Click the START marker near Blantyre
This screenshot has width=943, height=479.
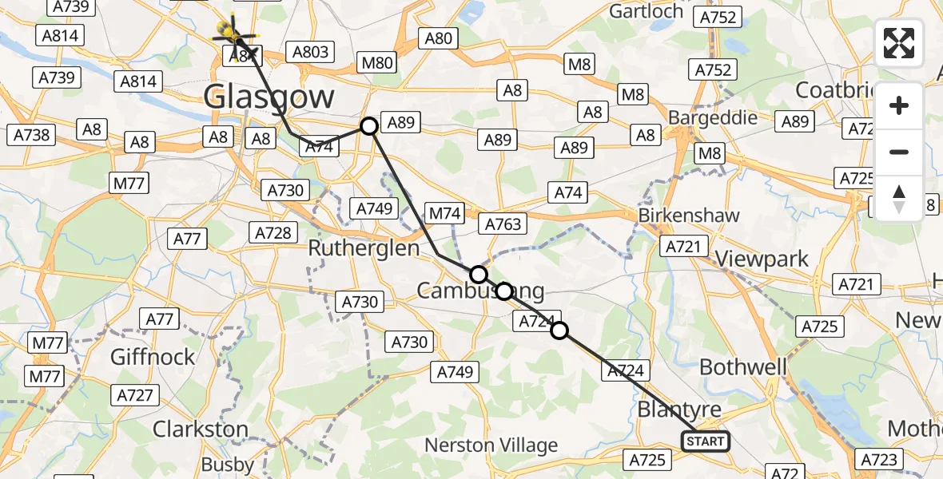[x=705, y=441]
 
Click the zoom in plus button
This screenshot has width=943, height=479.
[x=899, y=106]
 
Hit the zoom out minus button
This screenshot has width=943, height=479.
[x=899, y=152]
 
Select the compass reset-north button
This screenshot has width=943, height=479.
[x=899, y=198]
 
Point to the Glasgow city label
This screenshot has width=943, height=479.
[x=269, y=97]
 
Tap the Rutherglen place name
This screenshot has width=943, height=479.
[x=364, y=248]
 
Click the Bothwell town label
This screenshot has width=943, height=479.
[x=743, y=367]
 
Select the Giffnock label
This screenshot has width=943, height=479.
[x=153, y=356]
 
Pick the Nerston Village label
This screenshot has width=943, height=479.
[x=491, y=445]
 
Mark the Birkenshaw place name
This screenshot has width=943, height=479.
[x=688, y=216]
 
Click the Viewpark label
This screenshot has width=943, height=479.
[x=762, y=259]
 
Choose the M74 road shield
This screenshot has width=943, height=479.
[x=445, y=213]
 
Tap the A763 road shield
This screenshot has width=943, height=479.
[x=503, y=224]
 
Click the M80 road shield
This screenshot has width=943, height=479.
[x=378, y=63]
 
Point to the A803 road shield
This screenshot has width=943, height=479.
[x=311, y=52]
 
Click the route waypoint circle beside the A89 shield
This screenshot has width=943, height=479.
[x=368, y=126]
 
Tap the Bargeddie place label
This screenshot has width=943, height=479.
[x=713, y=117]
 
